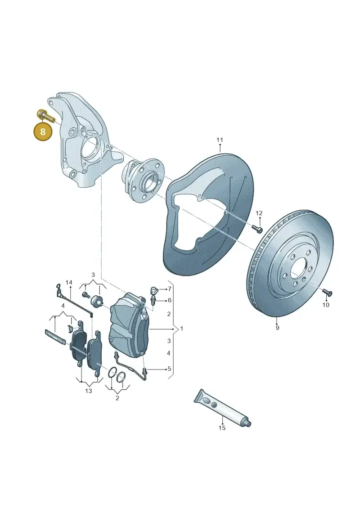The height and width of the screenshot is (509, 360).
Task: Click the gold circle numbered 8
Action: (43, 132)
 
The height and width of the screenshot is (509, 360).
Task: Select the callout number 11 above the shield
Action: (220, 140)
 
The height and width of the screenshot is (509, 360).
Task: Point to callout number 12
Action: (259, 213)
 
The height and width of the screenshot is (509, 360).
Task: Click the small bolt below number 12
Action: (257, 229)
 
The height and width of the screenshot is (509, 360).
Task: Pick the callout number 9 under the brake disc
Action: (277, 328)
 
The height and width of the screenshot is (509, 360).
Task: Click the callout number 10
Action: (326, 305)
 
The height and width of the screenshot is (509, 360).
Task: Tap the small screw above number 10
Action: (327, 293)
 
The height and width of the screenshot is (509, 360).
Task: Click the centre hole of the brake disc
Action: (299, 269)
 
